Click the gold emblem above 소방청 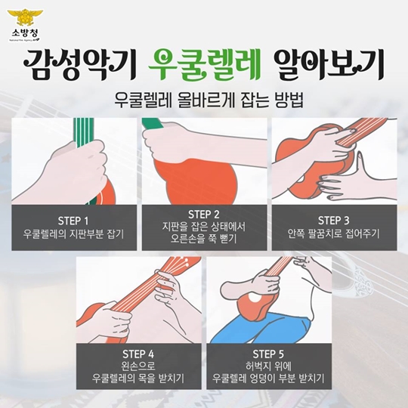point(25,17)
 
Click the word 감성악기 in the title point(80,64)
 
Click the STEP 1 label point(73,221)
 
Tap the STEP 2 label point(204,215)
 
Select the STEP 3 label point(334,221)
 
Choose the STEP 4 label point(138,354)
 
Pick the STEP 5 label point(268,354)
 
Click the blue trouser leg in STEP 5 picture point(260,329)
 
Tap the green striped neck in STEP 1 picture point(83,129)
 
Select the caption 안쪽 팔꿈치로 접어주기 point(334,233)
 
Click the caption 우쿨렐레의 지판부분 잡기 point(73,234)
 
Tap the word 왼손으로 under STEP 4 point(138,366)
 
